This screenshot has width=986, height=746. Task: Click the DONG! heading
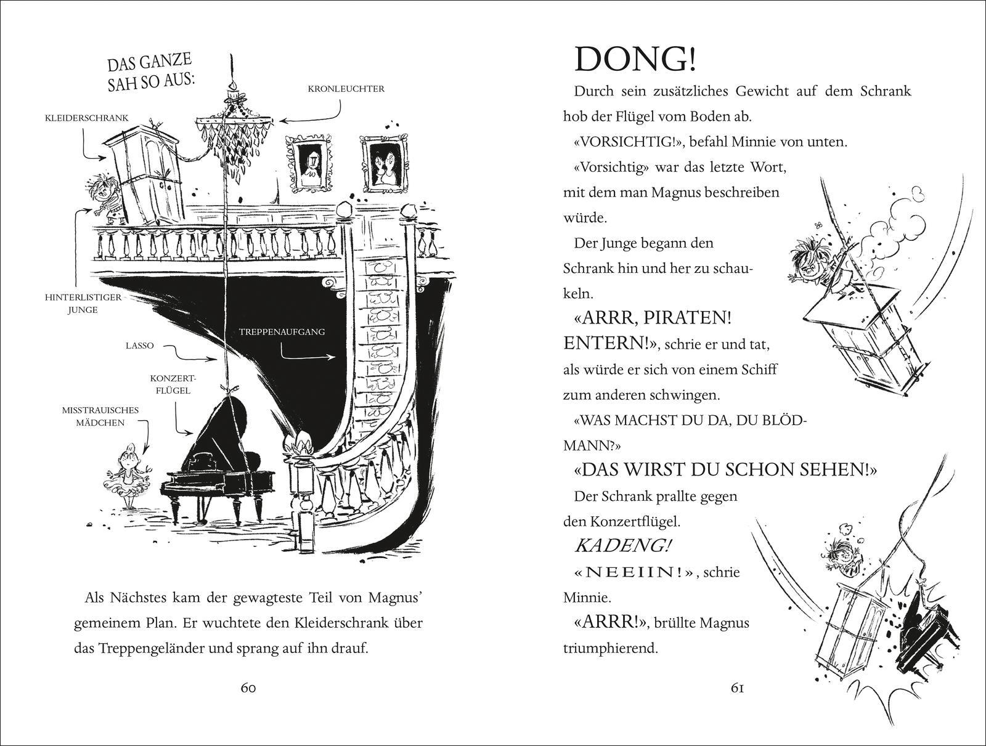point(636,60)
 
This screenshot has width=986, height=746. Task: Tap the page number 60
point(248,688)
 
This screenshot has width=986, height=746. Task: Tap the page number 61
point(737,688)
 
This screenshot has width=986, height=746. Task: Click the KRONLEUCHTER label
point(346,89)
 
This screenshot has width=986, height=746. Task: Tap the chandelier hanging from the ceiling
point(233,129)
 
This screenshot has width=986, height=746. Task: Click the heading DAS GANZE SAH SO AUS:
point(150,73)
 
